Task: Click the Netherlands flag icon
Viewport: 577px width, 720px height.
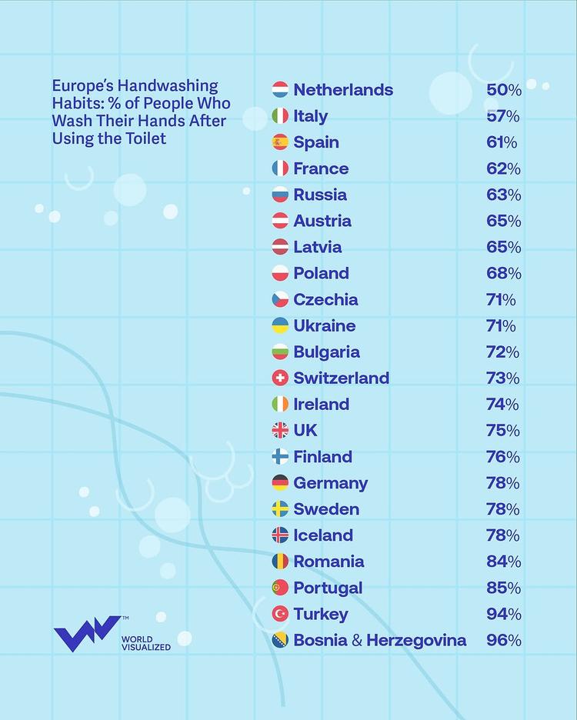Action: (280, 90)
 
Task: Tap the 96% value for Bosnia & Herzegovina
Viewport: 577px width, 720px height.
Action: (503, 640)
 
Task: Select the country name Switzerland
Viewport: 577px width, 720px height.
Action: (341, 378)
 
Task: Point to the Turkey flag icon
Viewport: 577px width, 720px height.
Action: (280, 614)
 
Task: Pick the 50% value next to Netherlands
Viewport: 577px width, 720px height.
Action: (503, 90)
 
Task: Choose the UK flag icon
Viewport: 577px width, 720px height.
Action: (280, 431)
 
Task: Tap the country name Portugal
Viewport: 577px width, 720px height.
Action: (328, 588)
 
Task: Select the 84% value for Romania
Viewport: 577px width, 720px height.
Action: (503, 562)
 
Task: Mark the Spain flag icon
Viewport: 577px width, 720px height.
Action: (280, 142)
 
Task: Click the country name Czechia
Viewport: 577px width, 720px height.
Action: (325, 299)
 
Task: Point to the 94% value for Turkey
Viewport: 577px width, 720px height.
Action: (503, 614)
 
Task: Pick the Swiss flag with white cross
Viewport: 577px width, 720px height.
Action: (280, 378)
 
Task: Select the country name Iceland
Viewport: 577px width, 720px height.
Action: (323, 535)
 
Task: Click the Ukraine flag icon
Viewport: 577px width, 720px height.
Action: (280, 325)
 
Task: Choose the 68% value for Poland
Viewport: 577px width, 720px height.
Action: (503, 273)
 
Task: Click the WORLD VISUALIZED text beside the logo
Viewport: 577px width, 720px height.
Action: (146, 643)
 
